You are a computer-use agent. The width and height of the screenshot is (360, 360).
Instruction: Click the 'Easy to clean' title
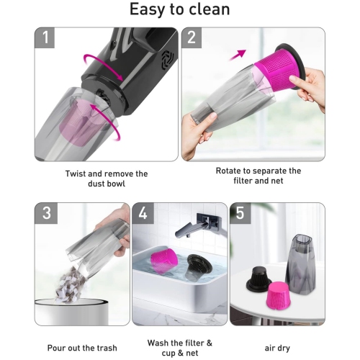coord(179,10)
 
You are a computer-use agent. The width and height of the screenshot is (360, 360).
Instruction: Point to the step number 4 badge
coord(144,214)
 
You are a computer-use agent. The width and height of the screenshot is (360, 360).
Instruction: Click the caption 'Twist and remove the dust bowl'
coord(106,179)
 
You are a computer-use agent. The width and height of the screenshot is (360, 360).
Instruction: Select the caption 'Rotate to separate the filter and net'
coord(258,176)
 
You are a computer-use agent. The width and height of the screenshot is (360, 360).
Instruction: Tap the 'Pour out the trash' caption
coord(81,328)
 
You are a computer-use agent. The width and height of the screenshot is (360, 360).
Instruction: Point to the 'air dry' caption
coord(276,328)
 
